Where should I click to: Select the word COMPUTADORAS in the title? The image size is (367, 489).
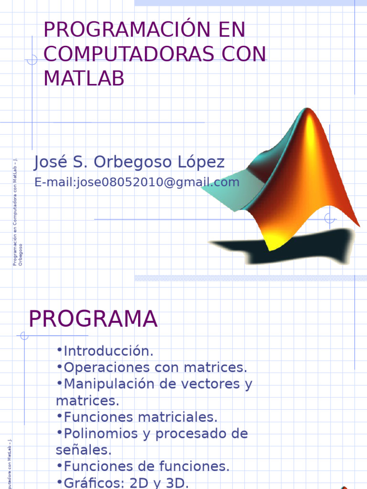click(123, 54)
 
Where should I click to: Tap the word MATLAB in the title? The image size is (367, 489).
click(84, 79)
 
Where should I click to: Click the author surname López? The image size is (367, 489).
click(201, 162)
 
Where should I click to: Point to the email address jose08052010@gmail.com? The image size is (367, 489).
click(158, 182)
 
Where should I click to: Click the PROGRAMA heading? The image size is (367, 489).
click(93, 319)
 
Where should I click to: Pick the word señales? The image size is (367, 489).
click(83, 450)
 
